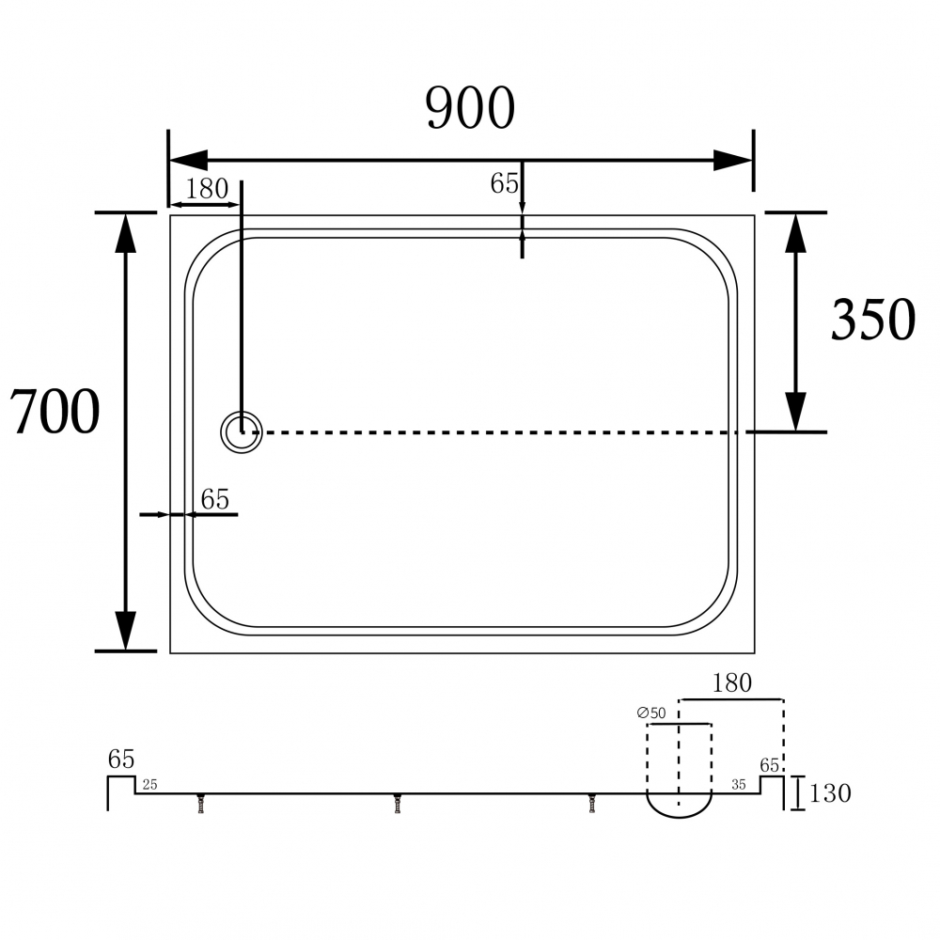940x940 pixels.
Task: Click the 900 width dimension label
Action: coord(470,108)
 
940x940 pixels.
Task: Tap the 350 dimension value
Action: coord(872,320)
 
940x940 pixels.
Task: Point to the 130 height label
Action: coord(829,793)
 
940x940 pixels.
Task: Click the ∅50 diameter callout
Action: coord(651,713)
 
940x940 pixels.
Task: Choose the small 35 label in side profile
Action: coord(740,783)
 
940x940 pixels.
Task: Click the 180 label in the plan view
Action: coord(206,189)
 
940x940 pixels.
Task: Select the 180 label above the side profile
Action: coord(731,683)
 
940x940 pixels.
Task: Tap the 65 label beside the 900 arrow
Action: coord(504,183)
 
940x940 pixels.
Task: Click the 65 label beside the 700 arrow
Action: coord(214,500)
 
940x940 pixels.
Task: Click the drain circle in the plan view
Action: coord(243,432)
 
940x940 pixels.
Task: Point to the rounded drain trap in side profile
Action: coord(679,804)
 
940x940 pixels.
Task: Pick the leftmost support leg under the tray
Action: coord(201,804)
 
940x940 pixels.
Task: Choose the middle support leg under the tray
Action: coord(398,804)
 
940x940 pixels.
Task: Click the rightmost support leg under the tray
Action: coord(592,804)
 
